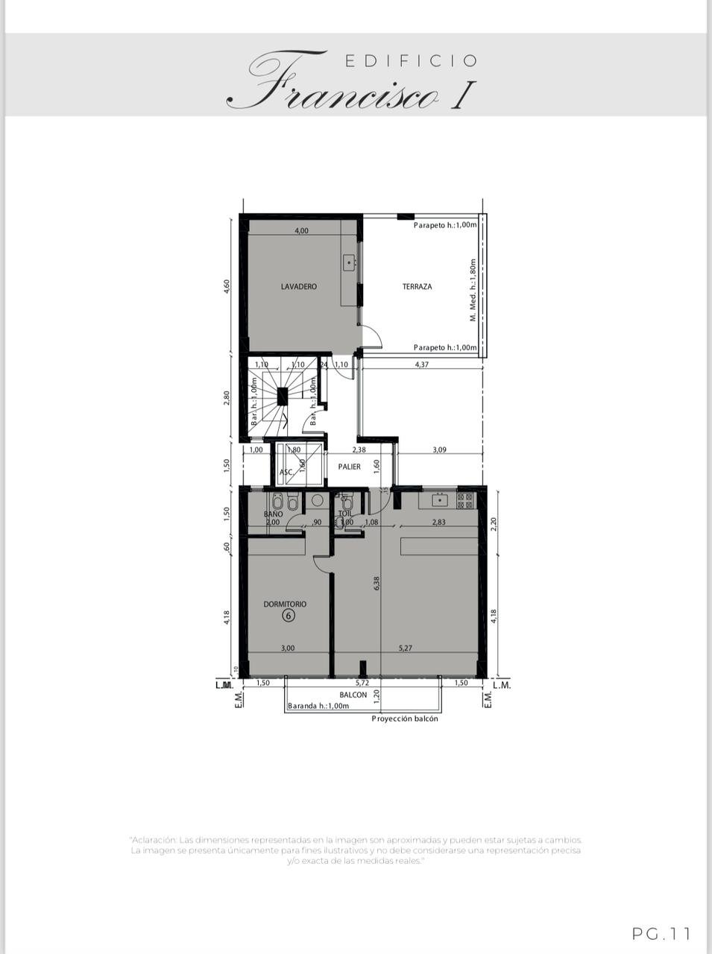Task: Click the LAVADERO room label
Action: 298,286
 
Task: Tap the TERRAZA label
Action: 417,286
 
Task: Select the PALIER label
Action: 349,467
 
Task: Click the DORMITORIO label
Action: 285,604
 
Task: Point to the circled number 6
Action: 289,616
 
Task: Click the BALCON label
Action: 353,695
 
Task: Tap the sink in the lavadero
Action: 349,262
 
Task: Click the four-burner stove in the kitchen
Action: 465,500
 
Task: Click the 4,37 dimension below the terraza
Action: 421,364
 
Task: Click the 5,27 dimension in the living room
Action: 405,648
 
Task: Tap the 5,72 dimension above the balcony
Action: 362,683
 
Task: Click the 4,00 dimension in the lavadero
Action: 301,230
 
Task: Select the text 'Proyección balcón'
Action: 405,718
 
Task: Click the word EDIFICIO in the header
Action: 411,61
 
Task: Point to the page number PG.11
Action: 661,933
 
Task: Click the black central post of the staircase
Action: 283,397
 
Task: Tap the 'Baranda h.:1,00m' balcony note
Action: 318,706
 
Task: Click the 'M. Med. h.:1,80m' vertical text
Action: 472,290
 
